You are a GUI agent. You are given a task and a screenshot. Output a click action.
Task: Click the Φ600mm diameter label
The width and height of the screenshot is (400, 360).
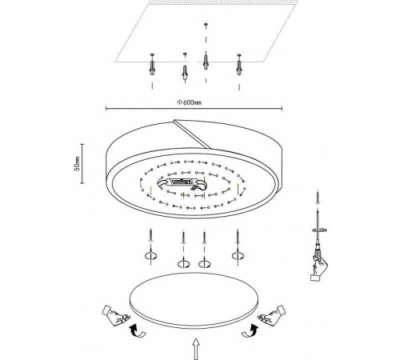coord(189,102)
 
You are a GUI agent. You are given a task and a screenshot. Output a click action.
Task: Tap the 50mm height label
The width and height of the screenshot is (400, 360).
coord(77,163)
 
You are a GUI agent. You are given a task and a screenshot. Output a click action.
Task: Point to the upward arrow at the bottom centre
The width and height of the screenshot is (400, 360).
coord(196,349)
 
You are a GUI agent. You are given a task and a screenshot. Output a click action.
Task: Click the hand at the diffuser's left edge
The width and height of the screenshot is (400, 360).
coord(115,315)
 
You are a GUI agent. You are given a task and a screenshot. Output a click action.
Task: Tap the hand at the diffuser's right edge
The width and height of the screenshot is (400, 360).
coord(271,315)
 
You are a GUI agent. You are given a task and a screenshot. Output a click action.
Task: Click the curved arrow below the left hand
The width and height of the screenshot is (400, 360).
coord(138,331)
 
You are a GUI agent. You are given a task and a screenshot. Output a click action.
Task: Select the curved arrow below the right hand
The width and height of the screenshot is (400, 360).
coord(250,331)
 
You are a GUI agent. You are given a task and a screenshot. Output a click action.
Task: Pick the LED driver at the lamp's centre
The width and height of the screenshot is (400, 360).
coord(182,183)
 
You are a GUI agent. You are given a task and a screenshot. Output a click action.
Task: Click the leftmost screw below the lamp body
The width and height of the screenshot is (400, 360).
coord(151,235)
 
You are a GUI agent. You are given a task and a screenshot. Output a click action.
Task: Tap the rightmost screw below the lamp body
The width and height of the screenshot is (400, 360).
coord(238,236)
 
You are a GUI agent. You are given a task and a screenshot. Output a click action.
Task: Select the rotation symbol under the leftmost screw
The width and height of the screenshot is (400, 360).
coord(151,256)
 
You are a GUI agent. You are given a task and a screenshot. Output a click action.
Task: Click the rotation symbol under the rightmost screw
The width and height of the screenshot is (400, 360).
coord(238,256)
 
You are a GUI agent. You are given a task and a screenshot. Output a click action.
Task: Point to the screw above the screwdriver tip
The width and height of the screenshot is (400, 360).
coord(318,197)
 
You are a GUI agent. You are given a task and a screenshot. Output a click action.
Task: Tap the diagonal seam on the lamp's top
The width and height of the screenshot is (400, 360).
coord(192,134)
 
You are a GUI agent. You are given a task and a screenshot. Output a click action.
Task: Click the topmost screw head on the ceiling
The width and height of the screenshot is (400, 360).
coord(206,24)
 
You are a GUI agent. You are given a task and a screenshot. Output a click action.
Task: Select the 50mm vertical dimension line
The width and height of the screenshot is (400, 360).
coord(82,163)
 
